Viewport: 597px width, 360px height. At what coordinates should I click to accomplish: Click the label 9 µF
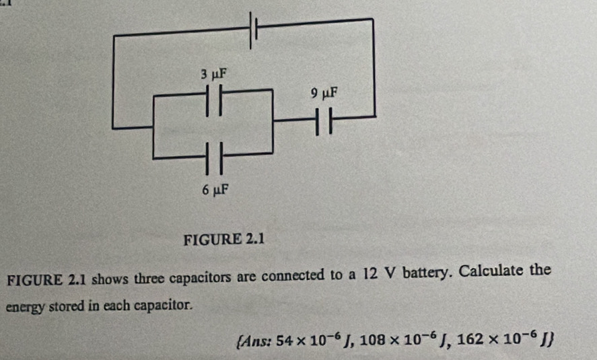(324, 92)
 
